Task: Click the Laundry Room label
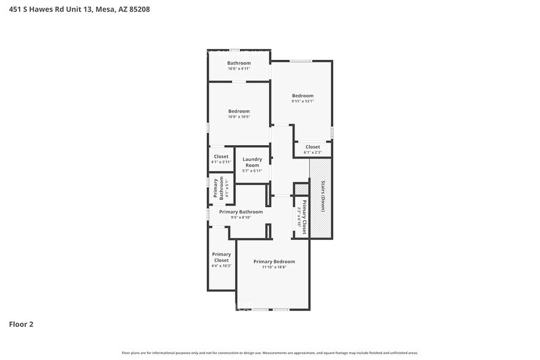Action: pyautogui.click(x=252, y=162)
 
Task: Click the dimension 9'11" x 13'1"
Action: pyautogui.click(x=302, y=101)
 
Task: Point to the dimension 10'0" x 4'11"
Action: pyautogui.click(x=239, y=69)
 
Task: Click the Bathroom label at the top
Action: pyautogui.click(x=239, y=63)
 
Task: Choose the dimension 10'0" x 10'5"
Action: pyautogui.click(x=239, y=117)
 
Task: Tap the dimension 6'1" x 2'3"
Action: pyautogui.click(x=312, y=152)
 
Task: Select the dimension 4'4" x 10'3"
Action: pyautogui.click(x=221, y=266)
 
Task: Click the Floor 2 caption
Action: pyautogui.click(x=21, y=324)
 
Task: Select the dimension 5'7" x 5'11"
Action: pyautogui.click(x=252, y=171)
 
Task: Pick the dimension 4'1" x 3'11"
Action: pyautogui.click(x=221, y=162)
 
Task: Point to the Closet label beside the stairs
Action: pyautogui.click(x=312, y=147)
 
